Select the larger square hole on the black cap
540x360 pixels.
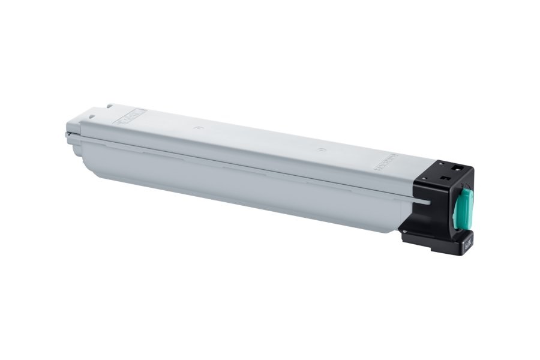click(455, 167)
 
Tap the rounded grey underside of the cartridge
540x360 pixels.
click(240, 192)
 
